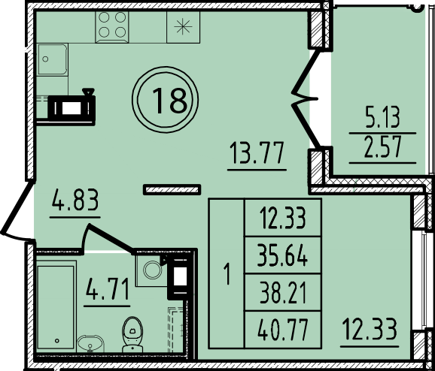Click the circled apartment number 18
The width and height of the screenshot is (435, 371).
coord(166,100)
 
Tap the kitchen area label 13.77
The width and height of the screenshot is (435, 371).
coord(257,152)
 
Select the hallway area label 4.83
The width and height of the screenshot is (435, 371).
coord(75,200)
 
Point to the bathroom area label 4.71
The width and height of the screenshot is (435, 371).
coord(107,289)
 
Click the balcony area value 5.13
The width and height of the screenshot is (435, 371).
coord(382,117)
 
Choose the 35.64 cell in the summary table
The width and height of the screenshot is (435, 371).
coord(282,256)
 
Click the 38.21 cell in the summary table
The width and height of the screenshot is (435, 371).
coord(283,293)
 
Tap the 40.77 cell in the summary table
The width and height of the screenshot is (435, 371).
coord(283,330)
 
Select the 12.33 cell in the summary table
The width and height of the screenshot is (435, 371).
coord(283,219)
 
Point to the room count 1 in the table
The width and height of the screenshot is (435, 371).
coord(227,274)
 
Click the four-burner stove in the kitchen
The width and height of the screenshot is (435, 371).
coord(112,27)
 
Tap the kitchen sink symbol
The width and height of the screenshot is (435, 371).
coord(52,59)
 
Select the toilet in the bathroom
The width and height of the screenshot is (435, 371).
coord(132,335)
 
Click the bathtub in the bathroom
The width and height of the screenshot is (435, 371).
coord(56,306)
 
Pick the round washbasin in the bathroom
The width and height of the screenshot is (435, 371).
coord(90,344)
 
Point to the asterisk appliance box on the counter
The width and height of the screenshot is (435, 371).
coord(183,27)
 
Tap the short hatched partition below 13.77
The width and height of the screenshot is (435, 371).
coord(172,190)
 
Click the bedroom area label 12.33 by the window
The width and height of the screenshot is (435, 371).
coord(370,329)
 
